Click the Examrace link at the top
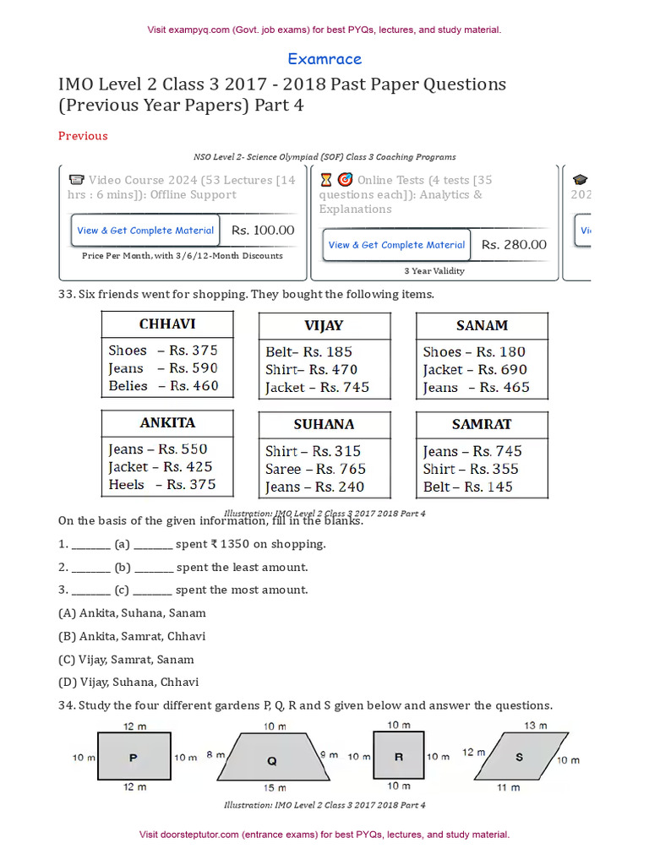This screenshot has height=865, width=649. (324, 59)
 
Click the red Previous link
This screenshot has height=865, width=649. (83, 136)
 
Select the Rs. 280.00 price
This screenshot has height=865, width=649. (514, 245)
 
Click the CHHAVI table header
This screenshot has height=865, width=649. (167, 324)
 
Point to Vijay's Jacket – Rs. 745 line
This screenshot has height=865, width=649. (317, 388)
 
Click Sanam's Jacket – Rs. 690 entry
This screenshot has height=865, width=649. (474, 369)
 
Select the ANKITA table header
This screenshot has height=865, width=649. (167, 422)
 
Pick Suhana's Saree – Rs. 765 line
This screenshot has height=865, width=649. (315, 469)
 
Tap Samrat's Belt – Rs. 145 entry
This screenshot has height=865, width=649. (467, 487)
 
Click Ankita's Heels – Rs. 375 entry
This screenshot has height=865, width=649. (161, 485)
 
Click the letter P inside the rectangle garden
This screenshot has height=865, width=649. (133, 758)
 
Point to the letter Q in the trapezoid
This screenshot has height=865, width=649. (271, 761)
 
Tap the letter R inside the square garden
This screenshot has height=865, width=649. (399, 758)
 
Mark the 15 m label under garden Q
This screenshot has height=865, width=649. (274, 787)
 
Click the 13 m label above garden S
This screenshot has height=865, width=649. (535, 726)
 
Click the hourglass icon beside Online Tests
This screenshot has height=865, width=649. (326, 180)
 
